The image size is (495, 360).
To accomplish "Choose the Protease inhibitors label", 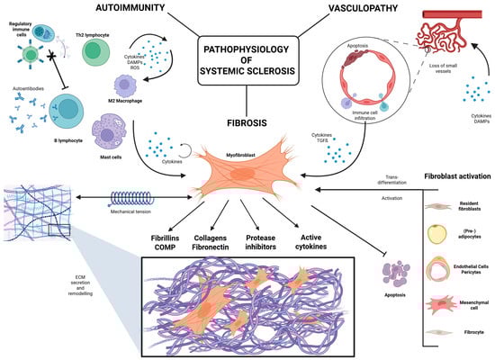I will click(x=274, y=243).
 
